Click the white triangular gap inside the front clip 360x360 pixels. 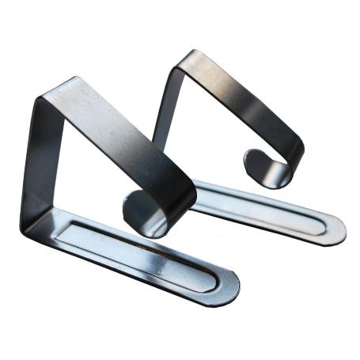pos(79,182)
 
